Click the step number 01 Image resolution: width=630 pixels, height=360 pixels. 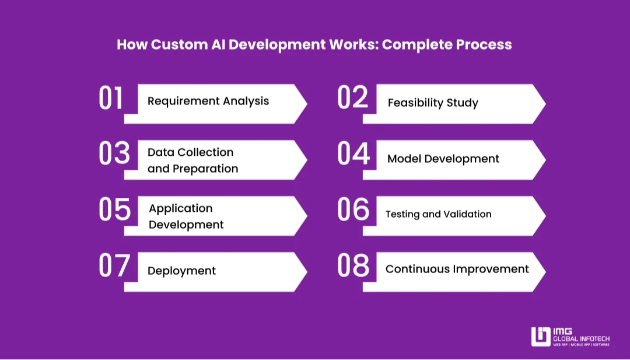[x=111, y=98]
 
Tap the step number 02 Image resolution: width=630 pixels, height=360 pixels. [x=353, y=98]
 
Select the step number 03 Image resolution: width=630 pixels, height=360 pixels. [x=114, y=154]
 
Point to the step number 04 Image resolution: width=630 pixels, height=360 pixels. [x=353, y=154]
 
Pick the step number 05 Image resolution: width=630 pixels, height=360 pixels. [x=114, y=210]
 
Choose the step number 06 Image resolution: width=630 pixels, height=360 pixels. [x=353, y=210]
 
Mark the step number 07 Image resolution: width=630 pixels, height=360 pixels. [x=114, y=266]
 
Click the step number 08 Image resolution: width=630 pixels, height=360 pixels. [x=353, y=266]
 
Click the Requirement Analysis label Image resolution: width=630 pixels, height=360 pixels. [x=208, y=101]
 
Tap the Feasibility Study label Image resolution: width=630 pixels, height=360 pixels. [x=433, y=103]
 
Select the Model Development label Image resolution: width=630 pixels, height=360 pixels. [x=443, y=159]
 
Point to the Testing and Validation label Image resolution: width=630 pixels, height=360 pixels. [x=438, y=214]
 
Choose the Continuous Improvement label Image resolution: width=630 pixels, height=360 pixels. [x=457, y=269]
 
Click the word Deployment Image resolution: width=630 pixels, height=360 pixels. [x=181, y=271]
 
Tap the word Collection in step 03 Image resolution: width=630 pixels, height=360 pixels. [x=205, y=152]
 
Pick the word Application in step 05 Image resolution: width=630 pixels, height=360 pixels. [x=181, y=208]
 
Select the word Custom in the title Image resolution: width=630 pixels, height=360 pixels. [x=174, y=45]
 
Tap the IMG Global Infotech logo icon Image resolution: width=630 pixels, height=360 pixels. [x=541, y=337]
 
